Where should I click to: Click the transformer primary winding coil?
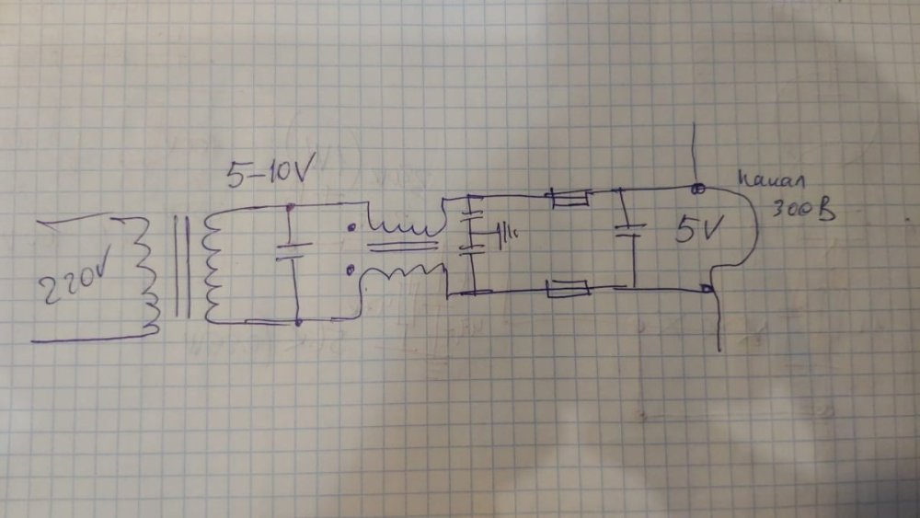point(147,274)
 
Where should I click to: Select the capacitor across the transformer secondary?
point(291,251)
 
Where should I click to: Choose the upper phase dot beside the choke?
point(350,226)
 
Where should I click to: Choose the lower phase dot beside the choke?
point(351,270)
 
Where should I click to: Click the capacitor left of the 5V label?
point(627,230)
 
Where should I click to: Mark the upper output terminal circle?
point(698,189)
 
